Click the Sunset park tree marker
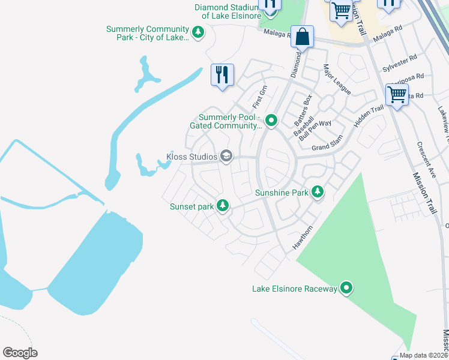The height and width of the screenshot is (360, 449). (223, 206)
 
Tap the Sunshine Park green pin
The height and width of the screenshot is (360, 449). (318, 192)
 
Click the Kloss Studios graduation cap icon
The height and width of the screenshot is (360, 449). (226, 157)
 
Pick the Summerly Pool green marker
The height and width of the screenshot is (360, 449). (271, 121)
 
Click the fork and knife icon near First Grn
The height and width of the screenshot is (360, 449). (222, 76)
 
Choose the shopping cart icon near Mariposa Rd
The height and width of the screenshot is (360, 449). (397, 95)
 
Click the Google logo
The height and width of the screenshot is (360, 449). (20, 352)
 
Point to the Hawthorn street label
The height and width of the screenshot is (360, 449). (303, 238)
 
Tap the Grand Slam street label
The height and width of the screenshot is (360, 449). (327, 143)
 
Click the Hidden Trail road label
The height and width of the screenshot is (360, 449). (369, 116)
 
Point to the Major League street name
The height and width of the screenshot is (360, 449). (337, 79)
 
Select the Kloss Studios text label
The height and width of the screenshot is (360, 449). (191, 157)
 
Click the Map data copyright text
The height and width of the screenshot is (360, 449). (423, 355)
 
